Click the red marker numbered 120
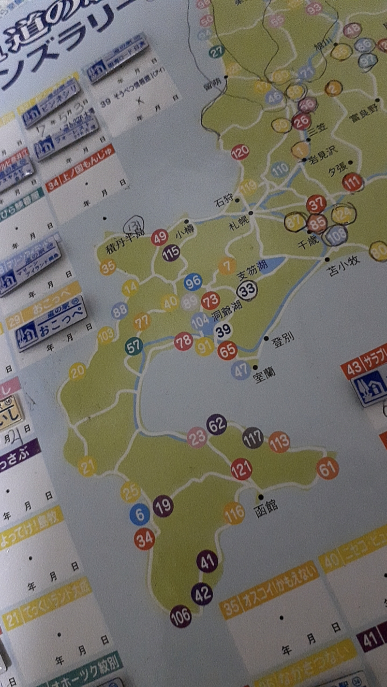(x=240, y=153)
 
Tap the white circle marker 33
(x=248, y=291)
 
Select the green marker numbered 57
(x=134, y=346)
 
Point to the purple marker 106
(x=180, y=616)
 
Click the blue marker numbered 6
(x=140, y=515)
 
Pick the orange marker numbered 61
(x=327, y=468)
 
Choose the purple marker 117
(x=253, y=437)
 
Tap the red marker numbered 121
(x=241, y=469)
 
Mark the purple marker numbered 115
(x=171, y=252)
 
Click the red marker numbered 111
(x=353, y=182)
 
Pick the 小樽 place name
(x=185, y=233)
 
